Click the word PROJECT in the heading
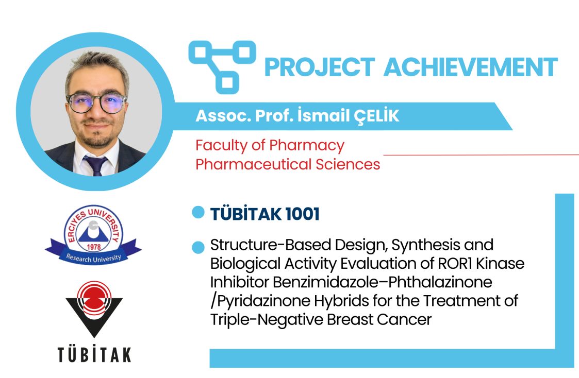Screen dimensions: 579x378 tap(320, 67)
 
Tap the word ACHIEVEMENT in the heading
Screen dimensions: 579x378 tap(470, 67)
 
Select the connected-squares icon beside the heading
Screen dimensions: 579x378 tap(222, 67)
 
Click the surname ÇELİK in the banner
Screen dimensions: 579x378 tap(376, 115)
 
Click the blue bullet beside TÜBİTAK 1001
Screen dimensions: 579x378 tap(198, 212)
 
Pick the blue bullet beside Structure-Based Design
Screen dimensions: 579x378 tap(198, 248)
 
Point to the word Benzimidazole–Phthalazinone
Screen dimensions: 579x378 tap(351, 282)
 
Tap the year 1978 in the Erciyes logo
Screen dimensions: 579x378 tap(94, 247)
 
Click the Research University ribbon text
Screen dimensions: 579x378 tap(94, 258)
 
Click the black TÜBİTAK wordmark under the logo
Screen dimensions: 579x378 tap(94, 354)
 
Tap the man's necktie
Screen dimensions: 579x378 tap(95, 165)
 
